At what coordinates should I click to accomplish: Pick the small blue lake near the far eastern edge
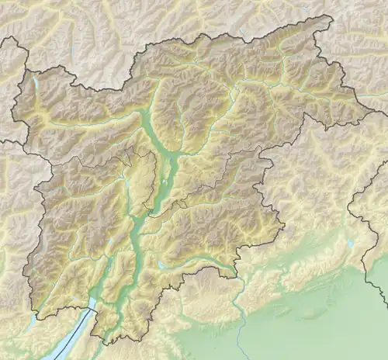point(352,243)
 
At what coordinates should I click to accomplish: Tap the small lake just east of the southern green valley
point(160,264)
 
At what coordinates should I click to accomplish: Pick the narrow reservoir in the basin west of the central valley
point(125,186)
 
